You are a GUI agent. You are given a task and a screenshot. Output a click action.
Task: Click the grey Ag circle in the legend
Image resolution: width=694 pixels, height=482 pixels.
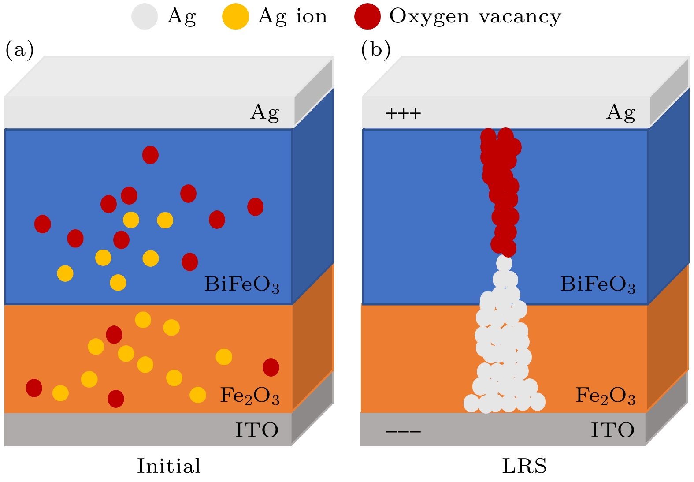coord(145,16)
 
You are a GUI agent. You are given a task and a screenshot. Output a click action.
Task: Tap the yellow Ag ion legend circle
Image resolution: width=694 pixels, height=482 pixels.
coord(235,16)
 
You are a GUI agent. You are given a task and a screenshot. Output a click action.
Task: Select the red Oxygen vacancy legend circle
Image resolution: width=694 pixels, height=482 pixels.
coord(367,16)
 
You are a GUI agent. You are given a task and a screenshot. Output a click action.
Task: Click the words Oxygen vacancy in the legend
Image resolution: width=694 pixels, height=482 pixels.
coord(475,17)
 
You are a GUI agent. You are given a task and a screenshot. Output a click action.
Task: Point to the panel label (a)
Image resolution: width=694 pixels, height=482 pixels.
coord(19,49)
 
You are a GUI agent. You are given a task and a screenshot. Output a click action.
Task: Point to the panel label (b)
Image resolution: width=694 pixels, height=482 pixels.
coord(375,49)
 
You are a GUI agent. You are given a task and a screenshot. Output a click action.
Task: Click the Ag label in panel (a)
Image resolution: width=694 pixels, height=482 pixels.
coord(265,112)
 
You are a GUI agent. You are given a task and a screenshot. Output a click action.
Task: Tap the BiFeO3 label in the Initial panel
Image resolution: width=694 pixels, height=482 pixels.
coord(241,284)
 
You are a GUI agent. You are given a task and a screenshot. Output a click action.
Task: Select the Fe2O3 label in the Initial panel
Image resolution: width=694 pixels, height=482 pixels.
coord(249,395)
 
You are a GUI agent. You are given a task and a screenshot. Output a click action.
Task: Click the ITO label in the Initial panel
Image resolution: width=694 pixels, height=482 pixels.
coord(256,430)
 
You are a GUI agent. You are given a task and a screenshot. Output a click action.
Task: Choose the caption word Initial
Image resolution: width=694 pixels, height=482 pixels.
coord(169,466)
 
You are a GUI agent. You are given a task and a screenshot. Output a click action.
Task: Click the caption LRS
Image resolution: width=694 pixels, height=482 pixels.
coord(524,466)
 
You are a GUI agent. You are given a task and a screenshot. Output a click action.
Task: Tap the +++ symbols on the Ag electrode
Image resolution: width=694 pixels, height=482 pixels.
coord(403,114)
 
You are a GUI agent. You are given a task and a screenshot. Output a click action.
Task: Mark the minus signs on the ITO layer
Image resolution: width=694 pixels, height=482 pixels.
coord(403,431)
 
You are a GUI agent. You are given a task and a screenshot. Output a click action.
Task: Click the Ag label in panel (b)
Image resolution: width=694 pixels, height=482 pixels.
coord(620,112)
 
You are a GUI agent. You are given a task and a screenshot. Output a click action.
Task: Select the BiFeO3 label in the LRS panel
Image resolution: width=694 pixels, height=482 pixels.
coord(598,284)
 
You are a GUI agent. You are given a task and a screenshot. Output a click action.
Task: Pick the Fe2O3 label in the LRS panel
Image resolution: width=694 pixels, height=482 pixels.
coord(605,395)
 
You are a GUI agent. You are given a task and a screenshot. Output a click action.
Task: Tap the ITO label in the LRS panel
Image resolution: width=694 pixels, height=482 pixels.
coord(612,430)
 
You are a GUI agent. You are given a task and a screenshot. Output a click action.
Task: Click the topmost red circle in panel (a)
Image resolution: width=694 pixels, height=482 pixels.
coord(150,155)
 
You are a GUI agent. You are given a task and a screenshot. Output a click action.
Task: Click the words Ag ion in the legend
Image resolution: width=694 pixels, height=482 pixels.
coord(293,17)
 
